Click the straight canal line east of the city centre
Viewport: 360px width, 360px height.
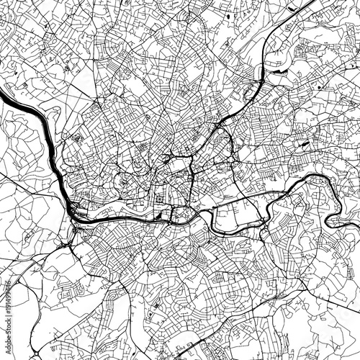coord(238,205)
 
